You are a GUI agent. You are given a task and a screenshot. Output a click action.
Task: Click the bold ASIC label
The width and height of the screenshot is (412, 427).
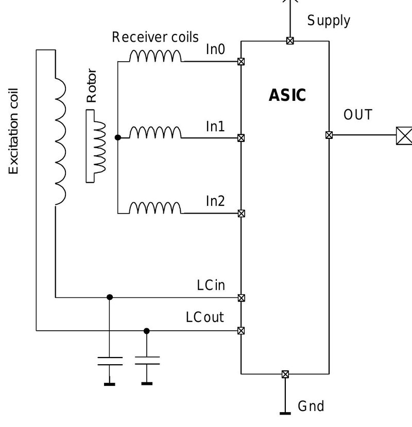[x=287, y=95]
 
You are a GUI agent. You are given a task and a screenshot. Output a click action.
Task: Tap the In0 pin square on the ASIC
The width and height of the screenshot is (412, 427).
[x=241, y=62]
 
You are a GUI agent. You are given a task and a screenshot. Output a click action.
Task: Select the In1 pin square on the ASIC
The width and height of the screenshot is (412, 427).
[x=241, y=138]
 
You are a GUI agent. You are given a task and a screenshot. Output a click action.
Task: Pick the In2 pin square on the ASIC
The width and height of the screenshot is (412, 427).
[x=241, y=213]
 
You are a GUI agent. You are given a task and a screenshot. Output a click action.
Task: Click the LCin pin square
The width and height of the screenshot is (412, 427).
[x=241, y=298]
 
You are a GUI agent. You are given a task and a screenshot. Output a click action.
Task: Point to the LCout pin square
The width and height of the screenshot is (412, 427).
[x=241, y=331]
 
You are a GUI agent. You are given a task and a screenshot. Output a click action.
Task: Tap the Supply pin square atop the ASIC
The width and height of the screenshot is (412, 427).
[x=290, y=41]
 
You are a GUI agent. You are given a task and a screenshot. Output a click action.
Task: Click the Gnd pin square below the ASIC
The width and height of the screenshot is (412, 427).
[x=285, y=374]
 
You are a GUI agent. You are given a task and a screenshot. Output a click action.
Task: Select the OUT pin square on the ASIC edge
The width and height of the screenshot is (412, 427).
[x=329, y=135]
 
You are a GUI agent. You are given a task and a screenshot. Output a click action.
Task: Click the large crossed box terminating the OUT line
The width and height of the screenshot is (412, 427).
[x=404, y=136]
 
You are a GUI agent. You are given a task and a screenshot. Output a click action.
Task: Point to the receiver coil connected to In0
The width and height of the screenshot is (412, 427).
[x=155, y=56]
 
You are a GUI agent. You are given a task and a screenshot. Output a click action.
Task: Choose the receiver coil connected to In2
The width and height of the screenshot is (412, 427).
[x=155, y=208]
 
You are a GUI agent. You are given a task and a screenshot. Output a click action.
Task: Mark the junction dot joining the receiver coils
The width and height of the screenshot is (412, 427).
[x=118, y=137]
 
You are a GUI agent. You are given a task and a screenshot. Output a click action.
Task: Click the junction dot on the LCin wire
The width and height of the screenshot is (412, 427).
[x=110, y=297]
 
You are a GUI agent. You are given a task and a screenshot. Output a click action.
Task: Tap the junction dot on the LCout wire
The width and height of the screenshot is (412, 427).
[x=147, y=331]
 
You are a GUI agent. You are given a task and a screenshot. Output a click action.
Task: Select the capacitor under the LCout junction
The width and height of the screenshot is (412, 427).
[x=147, y=360]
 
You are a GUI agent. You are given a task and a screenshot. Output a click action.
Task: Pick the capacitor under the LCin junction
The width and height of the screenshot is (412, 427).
[x=110, y=361]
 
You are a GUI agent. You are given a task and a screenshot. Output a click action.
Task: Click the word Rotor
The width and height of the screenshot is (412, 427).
[x=92, y=85]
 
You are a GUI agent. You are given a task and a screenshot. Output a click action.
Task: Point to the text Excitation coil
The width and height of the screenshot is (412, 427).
[x=13, y=131]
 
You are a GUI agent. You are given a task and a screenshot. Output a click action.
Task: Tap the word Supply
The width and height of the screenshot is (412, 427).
[x=329, y=21]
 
